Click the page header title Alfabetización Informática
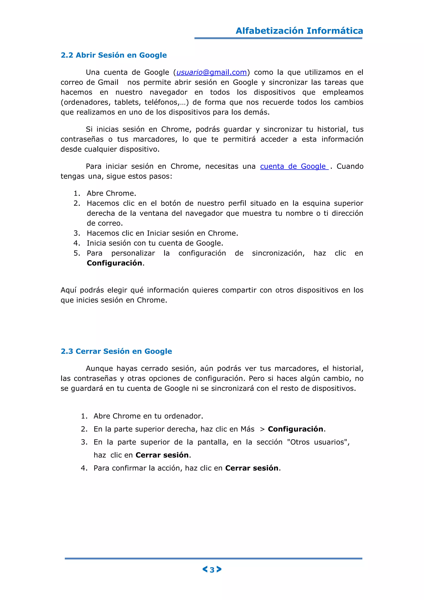tap(299, 31)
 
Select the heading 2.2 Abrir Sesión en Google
tap(114, 55)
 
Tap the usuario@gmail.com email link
tap(211, 72)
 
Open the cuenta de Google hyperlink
tap(294, 166)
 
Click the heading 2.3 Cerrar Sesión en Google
tap(116, 351)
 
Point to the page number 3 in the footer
tap(212, 570)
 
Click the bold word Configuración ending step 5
tap(114, 263)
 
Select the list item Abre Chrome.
tap(111, 193)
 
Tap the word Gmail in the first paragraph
tap(108, 82)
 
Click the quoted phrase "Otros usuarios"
tap(318, 442)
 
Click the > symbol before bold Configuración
tap(262, 429)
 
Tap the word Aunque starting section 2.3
tap(99, 368)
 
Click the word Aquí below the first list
tap(68, 290)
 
